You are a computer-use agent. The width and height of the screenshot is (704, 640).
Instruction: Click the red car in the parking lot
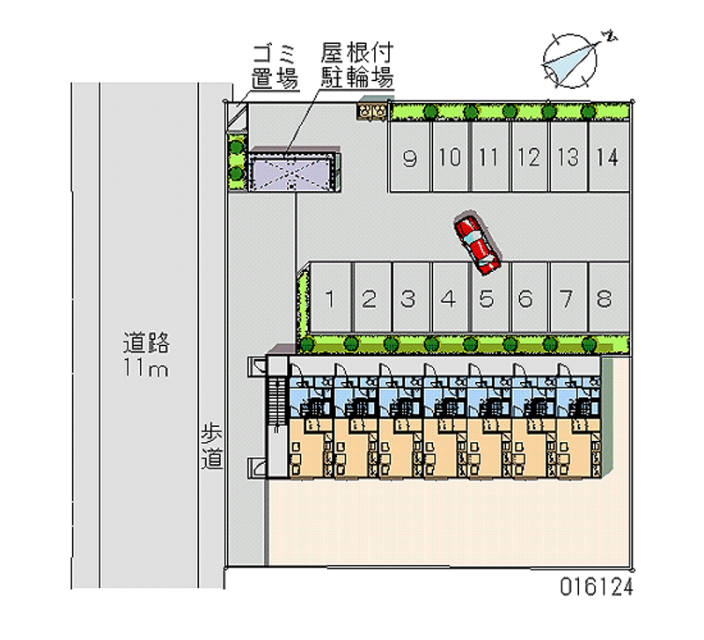476,242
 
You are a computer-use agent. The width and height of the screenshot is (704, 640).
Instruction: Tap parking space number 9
409,158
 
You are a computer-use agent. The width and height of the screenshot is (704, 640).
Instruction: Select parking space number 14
605,158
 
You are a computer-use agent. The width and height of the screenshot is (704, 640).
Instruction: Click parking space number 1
329,298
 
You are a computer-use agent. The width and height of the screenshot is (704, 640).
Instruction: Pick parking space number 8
605,298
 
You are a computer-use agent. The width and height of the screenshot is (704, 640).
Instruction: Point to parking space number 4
448,298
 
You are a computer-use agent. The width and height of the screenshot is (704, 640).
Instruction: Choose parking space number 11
489,158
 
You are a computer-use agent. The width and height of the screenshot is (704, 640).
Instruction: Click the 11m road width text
146,368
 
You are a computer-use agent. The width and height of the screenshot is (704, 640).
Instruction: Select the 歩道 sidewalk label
211,445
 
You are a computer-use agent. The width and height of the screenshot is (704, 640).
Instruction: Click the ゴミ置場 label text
274,65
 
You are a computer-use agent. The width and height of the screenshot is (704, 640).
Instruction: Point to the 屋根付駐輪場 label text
356,65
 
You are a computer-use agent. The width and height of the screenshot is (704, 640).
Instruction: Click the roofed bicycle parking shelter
292,170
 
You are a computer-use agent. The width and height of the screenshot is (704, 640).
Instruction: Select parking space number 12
529,158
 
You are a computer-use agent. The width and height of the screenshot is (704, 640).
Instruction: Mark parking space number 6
525,298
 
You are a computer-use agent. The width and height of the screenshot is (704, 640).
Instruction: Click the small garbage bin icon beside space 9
371,111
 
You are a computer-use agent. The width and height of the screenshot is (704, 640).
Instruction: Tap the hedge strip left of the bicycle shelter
236,160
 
